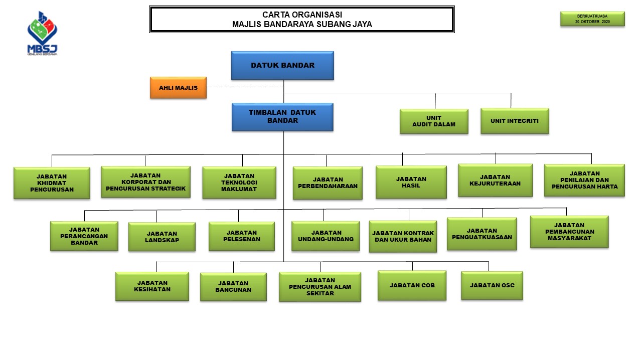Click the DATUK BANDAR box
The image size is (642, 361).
coord(282,65)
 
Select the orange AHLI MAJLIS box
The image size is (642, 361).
coord(178,88)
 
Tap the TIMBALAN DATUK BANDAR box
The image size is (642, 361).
coord(282,117)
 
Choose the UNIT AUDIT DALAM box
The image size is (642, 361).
coord(434,121)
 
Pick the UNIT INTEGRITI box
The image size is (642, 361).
coord(515,121)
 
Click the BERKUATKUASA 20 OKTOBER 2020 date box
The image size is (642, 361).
coord(592,19)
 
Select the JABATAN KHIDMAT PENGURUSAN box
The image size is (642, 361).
coord(52,183)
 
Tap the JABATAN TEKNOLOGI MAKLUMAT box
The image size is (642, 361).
coord(239,183)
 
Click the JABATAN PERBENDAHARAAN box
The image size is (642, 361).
coord(328,183)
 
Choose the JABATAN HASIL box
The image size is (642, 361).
coord(411,182)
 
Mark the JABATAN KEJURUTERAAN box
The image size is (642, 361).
coord(495,180)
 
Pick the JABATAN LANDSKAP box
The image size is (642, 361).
coord(162,237)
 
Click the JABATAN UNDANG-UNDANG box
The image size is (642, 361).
coord(326,236)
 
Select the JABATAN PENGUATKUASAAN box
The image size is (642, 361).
coord(481,234)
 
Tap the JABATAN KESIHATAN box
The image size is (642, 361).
coord(152,286)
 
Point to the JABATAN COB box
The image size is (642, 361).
coord(412,285)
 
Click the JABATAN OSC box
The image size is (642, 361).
coord(492,285)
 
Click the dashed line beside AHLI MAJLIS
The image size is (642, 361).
coord(245,87)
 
